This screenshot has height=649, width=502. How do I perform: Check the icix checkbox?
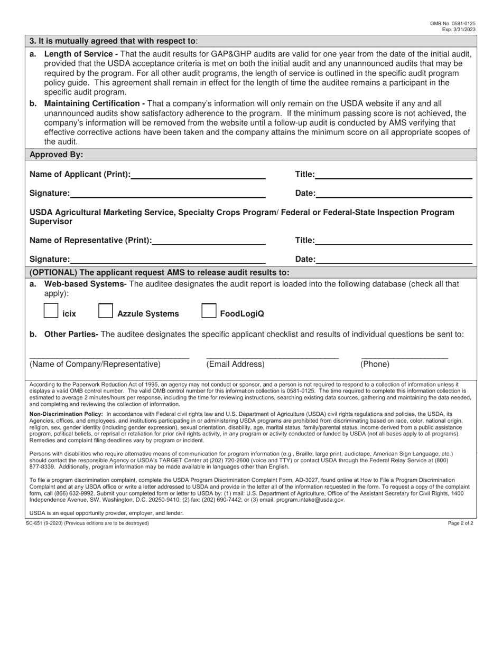click(x=51, y=311)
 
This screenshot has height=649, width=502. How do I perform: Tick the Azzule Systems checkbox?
click(x=106, y=311)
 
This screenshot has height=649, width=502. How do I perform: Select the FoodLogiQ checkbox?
click(x=209, y=311)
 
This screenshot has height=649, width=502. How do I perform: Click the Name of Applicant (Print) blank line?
click(x=198, y=175)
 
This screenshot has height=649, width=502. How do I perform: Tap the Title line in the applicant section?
click(x=393, y=175)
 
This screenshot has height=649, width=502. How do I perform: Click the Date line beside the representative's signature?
click(x=393, y=259)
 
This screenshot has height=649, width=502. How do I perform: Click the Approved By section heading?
click(x=56, y=155)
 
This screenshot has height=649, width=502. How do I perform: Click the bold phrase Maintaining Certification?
click(x=94, y=103)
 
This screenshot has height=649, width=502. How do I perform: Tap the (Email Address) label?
click(x=235, y=364)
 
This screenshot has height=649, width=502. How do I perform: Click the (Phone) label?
click(x=375, y=364)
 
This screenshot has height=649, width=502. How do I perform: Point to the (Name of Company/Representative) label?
click(x=95, y=364)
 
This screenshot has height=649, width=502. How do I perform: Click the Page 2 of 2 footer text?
click(x=461, y=523)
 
